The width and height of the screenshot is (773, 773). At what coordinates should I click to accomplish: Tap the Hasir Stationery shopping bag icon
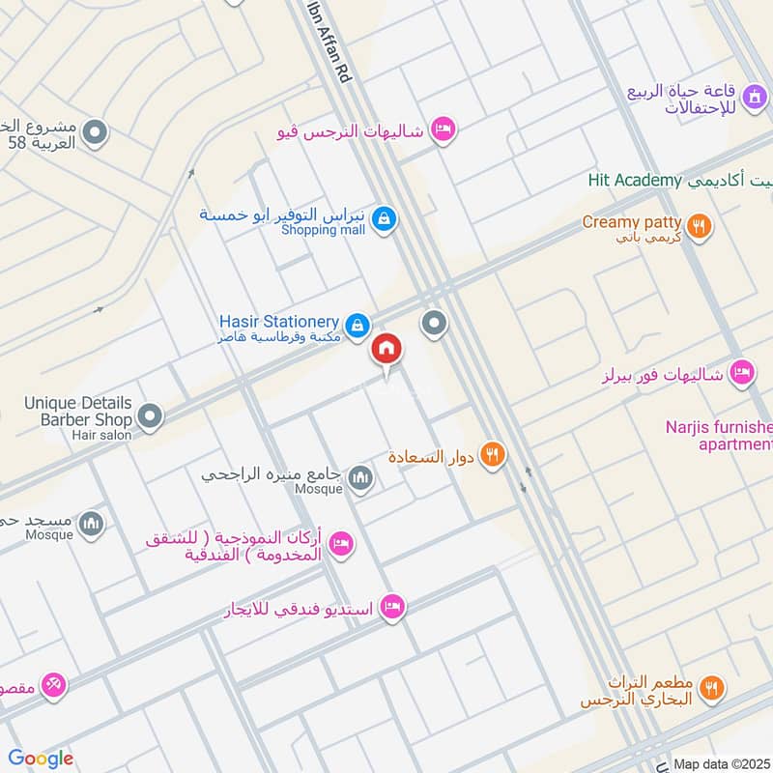click(358, 325)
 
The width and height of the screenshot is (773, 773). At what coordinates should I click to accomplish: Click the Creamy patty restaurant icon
click(701, 228)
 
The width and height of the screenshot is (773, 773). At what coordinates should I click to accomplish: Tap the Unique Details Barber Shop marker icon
click(150, 416)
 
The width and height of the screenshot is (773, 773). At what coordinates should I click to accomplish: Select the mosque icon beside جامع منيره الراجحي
click(360, 478)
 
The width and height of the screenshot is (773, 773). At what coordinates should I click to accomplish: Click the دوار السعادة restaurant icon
click(493, 454)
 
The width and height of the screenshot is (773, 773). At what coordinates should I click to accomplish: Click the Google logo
click(41, 759)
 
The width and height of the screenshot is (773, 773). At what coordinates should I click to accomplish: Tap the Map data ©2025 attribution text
click(721, 763)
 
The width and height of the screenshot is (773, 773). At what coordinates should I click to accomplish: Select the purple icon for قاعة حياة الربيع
click(757, 96)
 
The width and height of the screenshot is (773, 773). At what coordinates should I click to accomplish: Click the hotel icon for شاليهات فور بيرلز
click(741, 371)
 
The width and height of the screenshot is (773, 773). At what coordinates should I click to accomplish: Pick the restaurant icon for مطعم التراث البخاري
click(712, 687)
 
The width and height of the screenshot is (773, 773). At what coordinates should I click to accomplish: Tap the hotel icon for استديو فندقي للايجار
click(392, 607)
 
